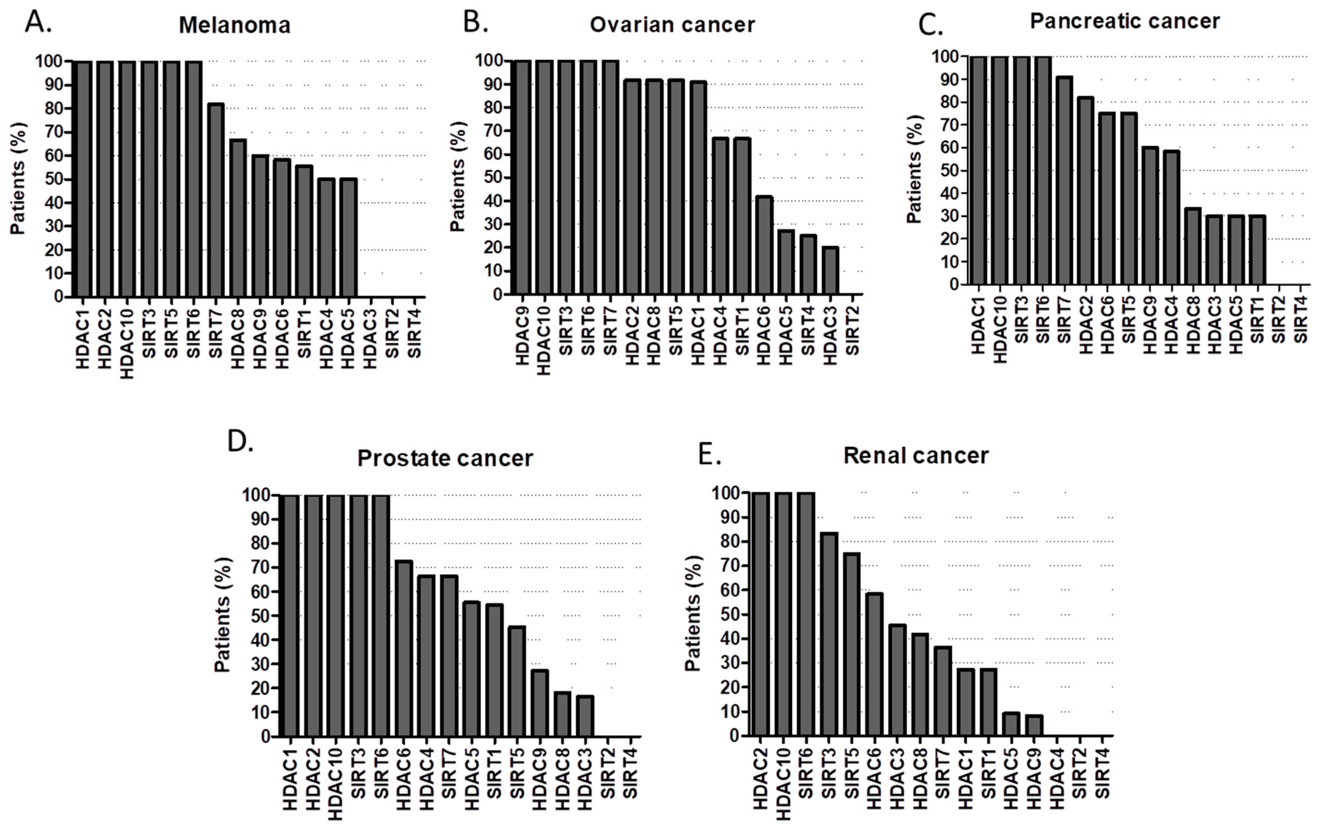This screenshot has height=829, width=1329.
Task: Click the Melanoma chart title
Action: click(x=235, y=25)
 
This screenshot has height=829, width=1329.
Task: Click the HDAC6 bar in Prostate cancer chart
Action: click(x=404, y=649)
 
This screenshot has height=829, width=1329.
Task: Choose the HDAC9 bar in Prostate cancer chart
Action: click(x=539, y=703)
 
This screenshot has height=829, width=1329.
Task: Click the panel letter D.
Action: click(x=240, y=442)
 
